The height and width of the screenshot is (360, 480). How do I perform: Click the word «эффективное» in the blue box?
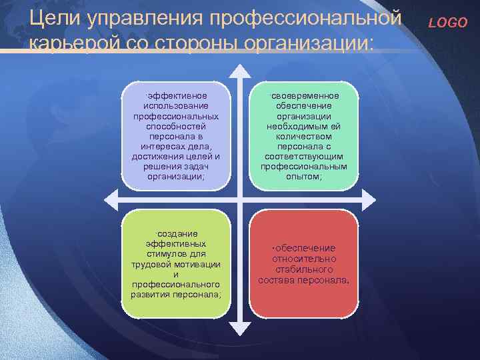(177, 96)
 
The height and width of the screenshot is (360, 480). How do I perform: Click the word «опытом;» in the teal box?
(304, 176)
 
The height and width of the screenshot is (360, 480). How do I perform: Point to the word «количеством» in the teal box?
(304, 136)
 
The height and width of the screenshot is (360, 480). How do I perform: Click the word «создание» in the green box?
(176, 234)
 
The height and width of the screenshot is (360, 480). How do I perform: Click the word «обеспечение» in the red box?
(305, 248)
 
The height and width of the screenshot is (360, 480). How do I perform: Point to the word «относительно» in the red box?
(304, 259)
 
